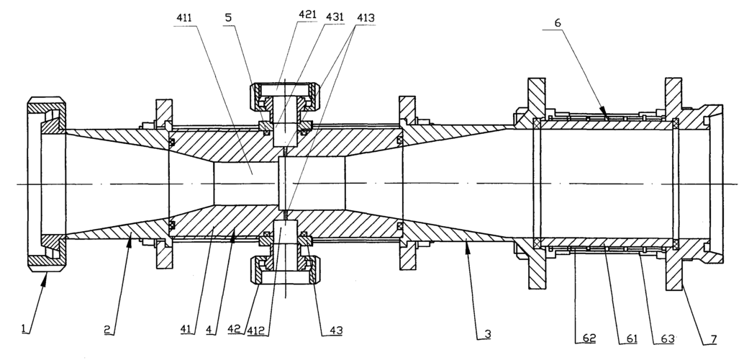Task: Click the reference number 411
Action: click(x=184, y=17)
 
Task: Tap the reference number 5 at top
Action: click(x=228, y=17)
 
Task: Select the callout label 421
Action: click(x=307, y=14)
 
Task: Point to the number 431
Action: click(x=335, y=17)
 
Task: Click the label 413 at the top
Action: click(x=366, y=18)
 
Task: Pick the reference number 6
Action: click(x=558, y=23)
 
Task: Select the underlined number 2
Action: click(x=108, y=329)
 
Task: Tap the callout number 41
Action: click(x=186, y=329)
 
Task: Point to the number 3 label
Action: click(x=487, y=334)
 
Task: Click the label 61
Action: click(x=632, y=338)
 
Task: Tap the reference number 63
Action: click(x=668, y=338)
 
